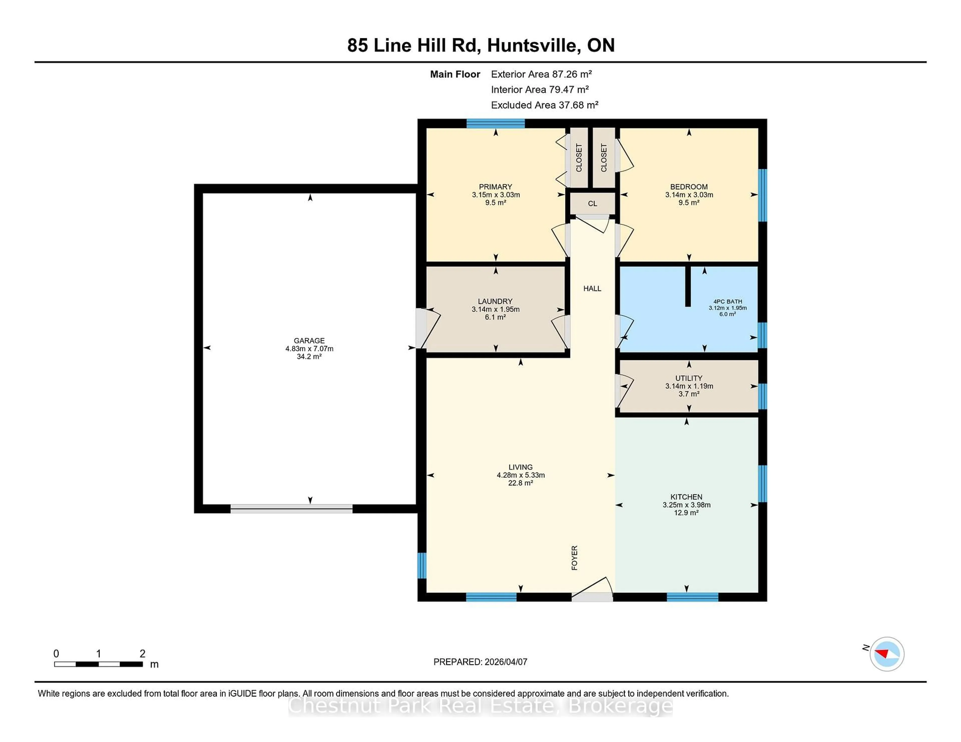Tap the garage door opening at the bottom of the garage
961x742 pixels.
(291, 508)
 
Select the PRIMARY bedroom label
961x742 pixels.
(496, 187)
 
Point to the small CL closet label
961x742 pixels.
(592, 203)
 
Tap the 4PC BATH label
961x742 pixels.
(727, 301)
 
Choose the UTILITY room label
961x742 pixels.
(689, 378)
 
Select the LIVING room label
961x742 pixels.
(521, 467)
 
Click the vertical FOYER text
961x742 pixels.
(574, 558)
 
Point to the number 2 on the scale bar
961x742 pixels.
(142, 654)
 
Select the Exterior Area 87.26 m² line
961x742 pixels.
(541, 74)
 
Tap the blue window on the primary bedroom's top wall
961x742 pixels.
(496, 123)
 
